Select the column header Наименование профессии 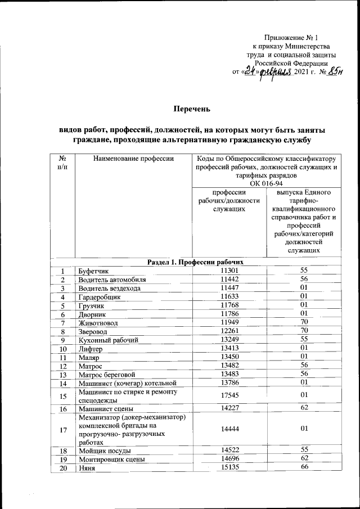pyautogui.click(x=134, y=159)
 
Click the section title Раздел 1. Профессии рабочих pyautogui.click(x=195, y=262)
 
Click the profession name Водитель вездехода pyautogui.click(x=110, y=288)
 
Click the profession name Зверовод pyautogui.click(x=94, y=331)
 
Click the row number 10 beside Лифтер pyautogui.click(x=64, y=349)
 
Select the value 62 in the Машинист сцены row pyautogui.click(x=304, y=408)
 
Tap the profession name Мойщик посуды pyautogui.click(x=105, y=451)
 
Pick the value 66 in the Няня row pyautogui.click(x=304, y=468)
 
